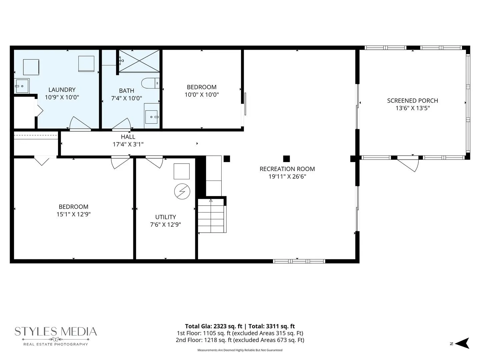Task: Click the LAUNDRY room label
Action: (x=62, y=90)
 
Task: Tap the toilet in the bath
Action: (x=150, y=83)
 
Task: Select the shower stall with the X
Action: (x=139, y=61)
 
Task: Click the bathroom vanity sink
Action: (x=152, y=116)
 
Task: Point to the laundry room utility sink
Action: (x=22, y=86)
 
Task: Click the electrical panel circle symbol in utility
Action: (x=182, y=191)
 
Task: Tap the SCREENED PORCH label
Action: (x=413, y=101)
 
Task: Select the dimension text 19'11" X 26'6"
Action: (x=287, y=176)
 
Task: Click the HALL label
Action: (x=128, y=137)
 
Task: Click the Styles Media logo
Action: (x=56, y=336)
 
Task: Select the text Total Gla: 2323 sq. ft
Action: (x=214, y=326)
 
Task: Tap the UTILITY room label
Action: (x=166, y=217)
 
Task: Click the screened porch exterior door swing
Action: (x=408, y=164)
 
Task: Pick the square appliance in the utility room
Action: (x=182, y=171)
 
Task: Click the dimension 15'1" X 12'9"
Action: (x=73, y=214)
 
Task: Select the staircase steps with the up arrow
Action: (x=211, y=216)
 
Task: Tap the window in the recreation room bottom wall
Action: (x=299, y=261)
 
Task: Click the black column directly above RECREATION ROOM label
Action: (x=286, y=159)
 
